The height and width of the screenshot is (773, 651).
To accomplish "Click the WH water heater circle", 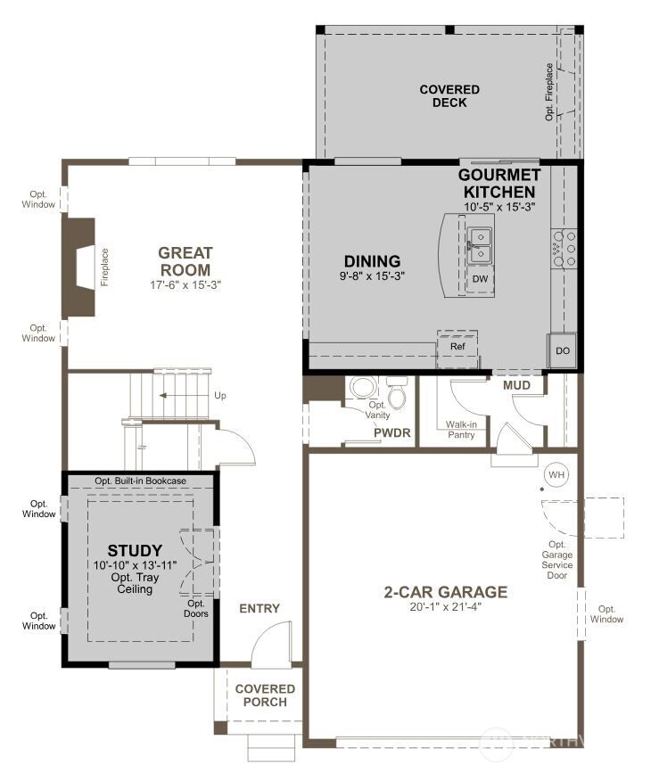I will point(556,474).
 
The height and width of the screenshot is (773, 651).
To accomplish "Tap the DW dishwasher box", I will point(480,279).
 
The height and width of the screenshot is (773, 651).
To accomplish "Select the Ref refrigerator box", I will point(457,347).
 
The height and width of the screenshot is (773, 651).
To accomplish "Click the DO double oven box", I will point(562,350).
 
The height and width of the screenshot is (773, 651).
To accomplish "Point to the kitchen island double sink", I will point(480,243).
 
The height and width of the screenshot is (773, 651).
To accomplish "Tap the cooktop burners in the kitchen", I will point(564,249).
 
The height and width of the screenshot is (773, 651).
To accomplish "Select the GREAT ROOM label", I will point(185,261).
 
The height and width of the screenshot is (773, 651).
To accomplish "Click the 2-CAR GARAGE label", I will point(446,592).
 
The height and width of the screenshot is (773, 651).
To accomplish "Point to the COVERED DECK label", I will point(449,96).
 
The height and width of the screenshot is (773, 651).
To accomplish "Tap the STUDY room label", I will point(135,550).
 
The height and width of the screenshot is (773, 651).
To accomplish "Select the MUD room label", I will point(517,385).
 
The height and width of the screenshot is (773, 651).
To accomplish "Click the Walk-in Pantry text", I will point(461,429).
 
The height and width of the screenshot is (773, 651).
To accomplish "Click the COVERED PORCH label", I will point(265,695).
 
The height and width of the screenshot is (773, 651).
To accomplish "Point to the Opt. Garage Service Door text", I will point(557,560).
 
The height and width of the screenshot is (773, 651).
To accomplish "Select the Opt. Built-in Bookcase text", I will point(141,481).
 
